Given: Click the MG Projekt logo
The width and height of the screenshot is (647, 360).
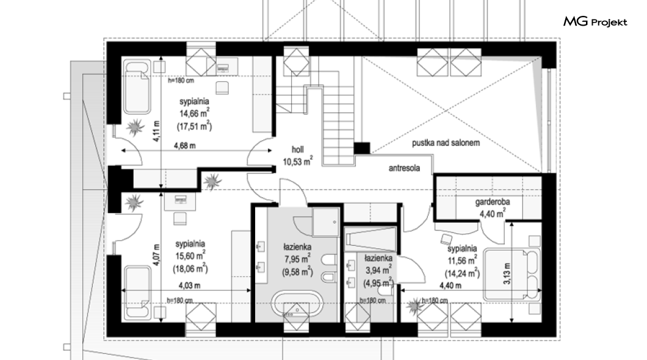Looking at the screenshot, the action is tap(595, 21).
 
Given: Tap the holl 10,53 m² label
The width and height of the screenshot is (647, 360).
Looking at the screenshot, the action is tap(297, 156).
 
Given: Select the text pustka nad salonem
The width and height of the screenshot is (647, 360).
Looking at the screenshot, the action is tap(446, 143).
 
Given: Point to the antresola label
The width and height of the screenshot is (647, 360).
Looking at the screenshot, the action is tap(404, 168).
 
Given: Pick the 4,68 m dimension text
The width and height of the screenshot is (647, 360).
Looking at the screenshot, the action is tap(184, 146).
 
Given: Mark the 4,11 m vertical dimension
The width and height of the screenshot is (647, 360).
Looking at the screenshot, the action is tap(156, 131).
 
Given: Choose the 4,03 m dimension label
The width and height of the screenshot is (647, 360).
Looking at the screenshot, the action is tap(189, 286).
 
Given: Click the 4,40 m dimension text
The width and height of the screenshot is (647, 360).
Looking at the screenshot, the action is tap(450, 286).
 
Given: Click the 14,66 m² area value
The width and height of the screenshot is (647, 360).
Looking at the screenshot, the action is tap(194, 113).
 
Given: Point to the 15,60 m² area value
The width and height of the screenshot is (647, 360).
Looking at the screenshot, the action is tap(190, 256).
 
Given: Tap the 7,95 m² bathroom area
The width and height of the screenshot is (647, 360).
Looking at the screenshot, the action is tap(297, 259).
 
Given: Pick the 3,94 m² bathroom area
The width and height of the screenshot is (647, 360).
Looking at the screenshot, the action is tap(378, 270).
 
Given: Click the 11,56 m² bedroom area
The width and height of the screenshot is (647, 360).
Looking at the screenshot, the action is tap(462, 261).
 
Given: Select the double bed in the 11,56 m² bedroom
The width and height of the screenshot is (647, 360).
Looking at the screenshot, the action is tap(511, 274).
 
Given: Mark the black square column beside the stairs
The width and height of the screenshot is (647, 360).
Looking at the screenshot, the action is tap(362, 148).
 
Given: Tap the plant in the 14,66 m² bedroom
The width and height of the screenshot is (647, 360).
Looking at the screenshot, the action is tap(135, 127).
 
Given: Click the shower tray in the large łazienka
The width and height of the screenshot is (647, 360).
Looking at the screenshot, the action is tap(325, 222).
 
